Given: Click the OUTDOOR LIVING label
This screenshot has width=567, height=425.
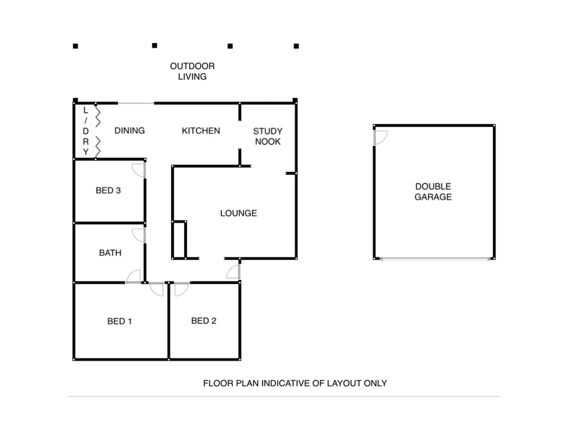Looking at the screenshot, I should pyautogui.click(x=192, y=71).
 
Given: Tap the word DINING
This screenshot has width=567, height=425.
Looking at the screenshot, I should pyautogui.click(x=129, y=131).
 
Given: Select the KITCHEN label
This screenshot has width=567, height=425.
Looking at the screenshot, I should pyautogui.click(x=201, y=131).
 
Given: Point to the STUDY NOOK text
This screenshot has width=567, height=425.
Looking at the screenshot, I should pyautogui.click(x=268, y=136).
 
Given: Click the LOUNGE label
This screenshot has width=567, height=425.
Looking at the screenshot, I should pyautogui.click(x=238, y=213).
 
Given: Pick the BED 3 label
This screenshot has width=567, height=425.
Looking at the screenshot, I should pyautogui.click(x=108, y=190).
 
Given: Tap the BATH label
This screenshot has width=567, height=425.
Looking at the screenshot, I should pyautogui.click(x=110, y=253).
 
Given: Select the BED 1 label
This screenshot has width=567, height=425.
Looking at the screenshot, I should pyautogui.click(x=119, y=322).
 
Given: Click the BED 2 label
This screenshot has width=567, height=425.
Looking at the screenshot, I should pyautogui.click(x=203, y=321).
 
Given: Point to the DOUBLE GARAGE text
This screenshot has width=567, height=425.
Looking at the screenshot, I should pyautogui.click(x=433, y=192).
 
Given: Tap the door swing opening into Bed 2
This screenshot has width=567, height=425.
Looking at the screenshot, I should pyautogui.click(x=181, y=289).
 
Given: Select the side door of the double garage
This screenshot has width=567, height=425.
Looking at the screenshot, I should pyautogui.click(x=380, y=137).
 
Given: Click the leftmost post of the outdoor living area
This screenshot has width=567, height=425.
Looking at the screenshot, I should pyautogui.click(x=76, y=46).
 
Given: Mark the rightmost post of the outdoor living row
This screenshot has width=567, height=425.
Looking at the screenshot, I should pyautogui.click(x=296, y=46).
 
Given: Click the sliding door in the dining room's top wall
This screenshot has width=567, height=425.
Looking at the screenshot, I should pyautogui.click(x=136, y=103).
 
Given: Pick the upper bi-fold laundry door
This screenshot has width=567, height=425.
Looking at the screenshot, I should pyautogui.click(x=98, y=116).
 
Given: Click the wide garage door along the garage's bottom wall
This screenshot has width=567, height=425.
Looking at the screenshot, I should pyautogui.click(x=434, y=259).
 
